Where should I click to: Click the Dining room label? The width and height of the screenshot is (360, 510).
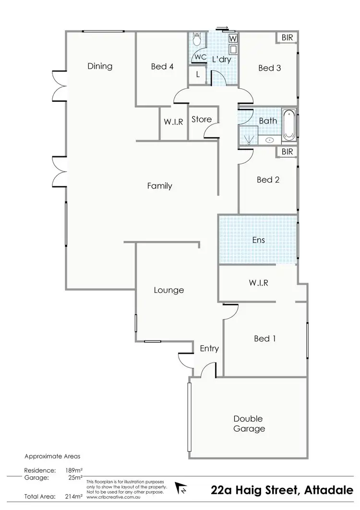100,66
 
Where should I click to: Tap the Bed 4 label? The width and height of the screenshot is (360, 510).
162,67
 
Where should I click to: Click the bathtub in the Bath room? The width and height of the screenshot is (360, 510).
289,125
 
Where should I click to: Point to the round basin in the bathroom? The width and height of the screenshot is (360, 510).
270,140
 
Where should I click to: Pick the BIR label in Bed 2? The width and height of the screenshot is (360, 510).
287,152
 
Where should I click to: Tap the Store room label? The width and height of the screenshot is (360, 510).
201,120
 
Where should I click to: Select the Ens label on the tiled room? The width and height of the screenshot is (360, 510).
258,240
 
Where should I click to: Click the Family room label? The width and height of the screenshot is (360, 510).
159,186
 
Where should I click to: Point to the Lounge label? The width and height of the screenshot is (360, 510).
168,290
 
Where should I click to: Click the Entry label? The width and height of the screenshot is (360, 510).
209,349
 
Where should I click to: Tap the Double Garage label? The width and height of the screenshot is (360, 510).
249,424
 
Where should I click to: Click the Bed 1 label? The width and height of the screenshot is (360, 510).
264,339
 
